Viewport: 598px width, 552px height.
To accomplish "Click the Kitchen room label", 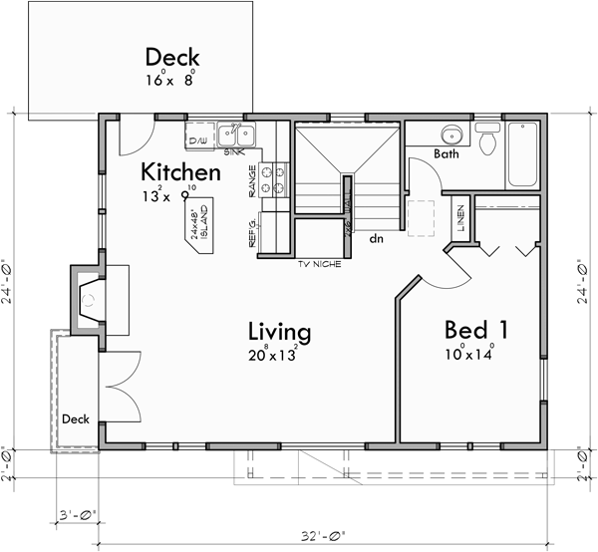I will (x=179, y=171).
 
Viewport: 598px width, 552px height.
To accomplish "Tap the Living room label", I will (x=279, y=331).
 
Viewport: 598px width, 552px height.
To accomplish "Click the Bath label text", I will (x=447, y=153).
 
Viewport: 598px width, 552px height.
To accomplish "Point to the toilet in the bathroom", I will (x=488, y=141).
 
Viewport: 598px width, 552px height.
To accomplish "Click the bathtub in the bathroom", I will (x=523, y=154).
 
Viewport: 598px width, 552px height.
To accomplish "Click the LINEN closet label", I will (x=459, y=217).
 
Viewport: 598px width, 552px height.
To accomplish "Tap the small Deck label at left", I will (x=76, y=418).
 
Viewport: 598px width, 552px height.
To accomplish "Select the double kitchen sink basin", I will (x=237, y=135).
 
